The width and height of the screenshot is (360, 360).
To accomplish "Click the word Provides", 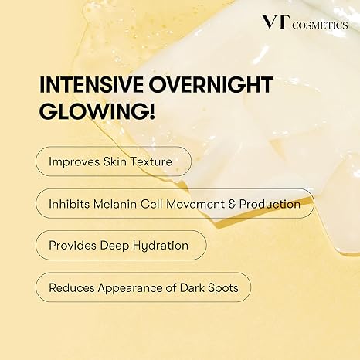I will click(x=73, y=246).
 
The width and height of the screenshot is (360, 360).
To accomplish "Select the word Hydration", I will click(x=160, y=246).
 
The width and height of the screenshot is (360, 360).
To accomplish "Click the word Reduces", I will click(x=73, y=287).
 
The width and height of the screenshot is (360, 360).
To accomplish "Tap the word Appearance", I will click(x=132, y=287).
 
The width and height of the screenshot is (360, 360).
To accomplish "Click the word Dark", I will click(x=200, y=287).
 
